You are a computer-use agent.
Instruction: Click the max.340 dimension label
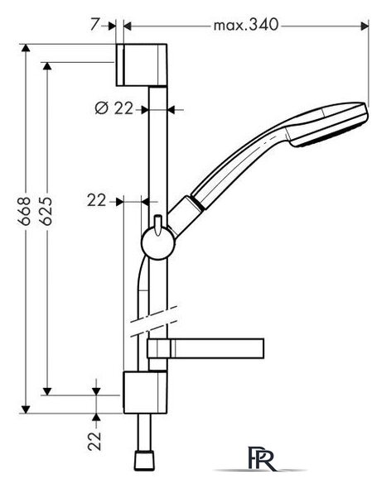(x=245, y=24)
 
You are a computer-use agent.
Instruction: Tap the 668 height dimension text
(x=24, y=211)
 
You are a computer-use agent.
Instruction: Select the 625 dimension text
(x=46, y=211)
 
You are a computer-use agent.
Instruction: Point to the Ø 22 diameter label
(x=113, y=108)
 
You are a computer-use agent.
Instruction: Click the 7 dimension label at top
(x=94, y=24)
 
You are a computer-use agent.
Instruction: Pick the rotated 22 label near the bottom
(x=94, y=440)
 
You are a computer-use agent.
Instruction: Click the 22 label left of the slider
(x=97, y=201)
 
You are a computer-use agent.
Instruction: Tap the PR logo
(x=261, y=458)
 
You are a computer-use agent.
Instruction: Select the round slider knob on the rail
(x=157, y=243)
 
